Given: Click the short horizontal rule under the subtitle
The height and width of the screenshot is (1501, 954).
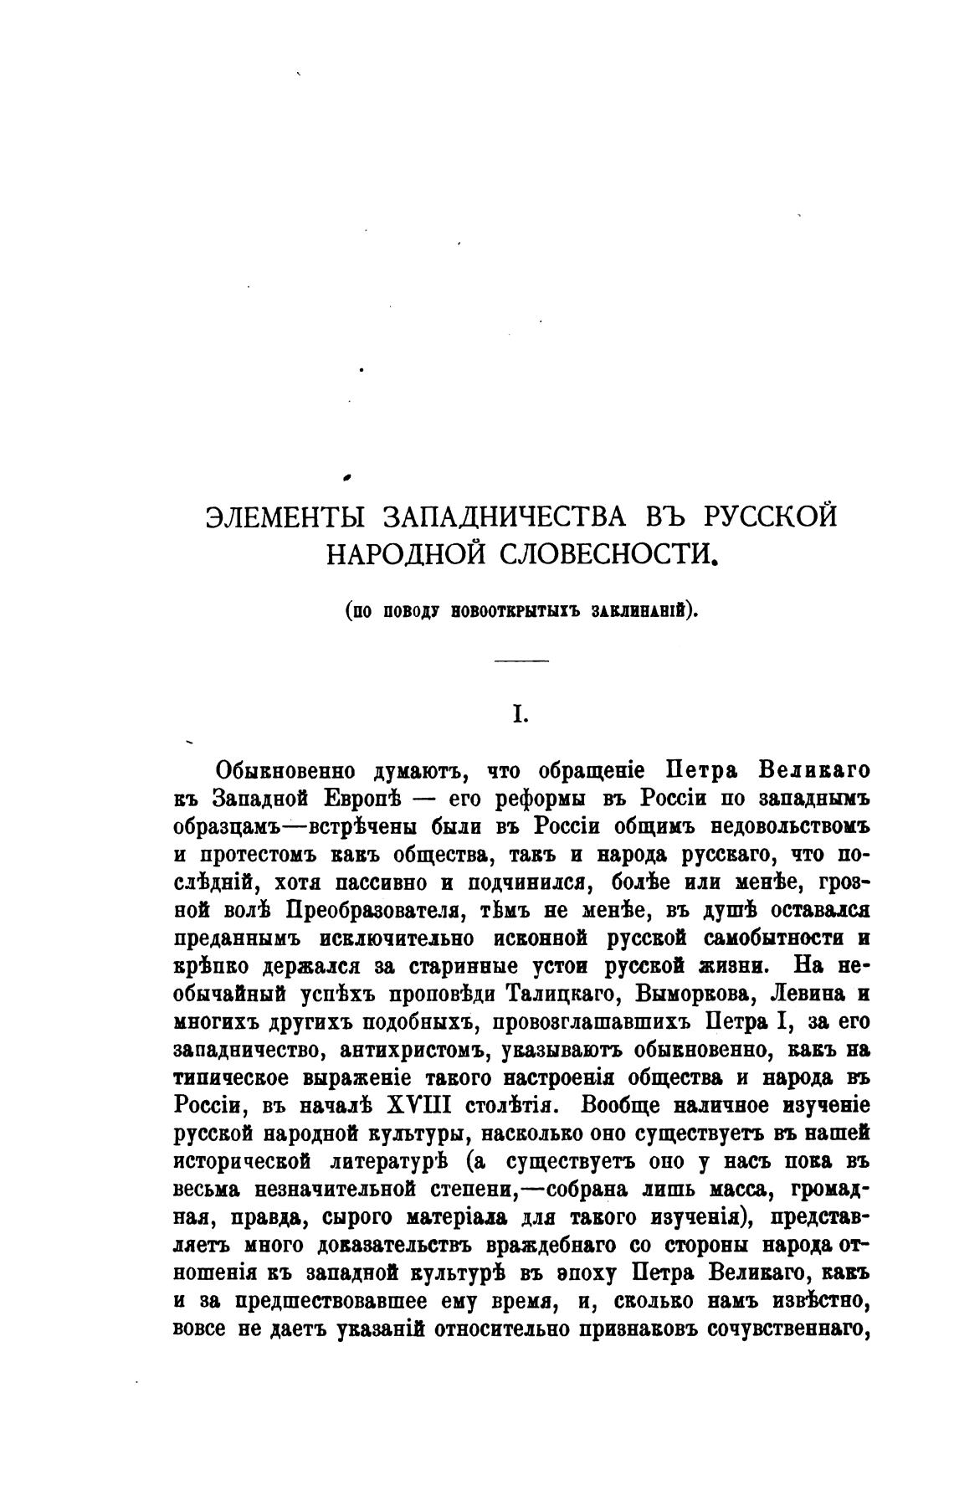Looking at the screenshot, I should (521, 661).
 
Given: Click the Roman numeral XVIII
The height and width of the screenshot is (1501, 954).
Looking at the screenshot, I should (419, 1105).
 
